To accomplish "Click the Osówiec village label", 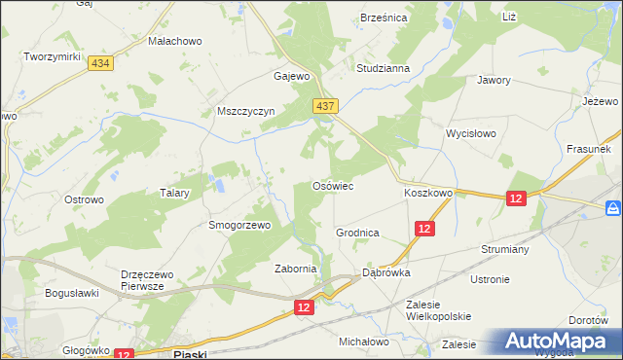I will point(331,185).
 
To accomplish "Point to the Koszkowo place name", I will point(428,193).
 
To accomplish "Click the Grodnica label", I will point(356,234).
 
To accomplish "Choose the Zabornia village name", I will point(296,270).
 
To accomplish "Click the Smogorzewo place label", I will point(238,224).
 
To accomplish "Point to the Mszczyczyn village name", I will point(246,111).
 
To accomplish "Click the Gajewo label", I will point(291,76).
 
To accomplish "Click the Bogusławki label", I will point(73,292).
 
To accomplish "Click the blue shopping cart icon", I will point(612,208).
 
